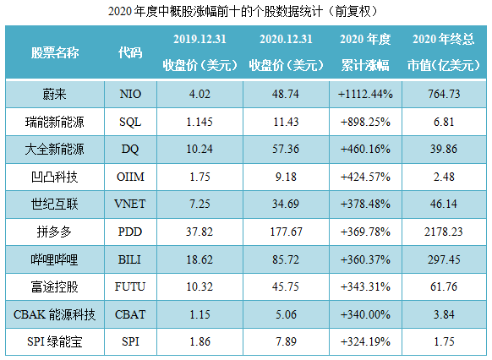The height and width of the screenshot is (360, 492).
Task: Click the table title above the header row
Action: (245, 12)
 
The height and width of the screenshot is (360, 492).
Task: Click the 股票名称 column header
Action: (56, 52)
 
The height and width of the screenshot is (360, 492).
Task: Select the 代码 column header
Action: (131, 52)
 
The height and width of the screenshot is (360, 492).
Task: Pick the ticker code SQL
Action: (130, 123)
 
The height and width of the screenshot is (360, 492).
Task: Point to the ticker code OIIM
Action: (130, 177)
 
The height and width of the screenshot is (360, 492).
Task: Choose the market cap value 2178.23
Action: (445, 232)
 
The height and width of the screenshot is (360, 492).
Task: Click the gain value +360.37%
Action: (364, 259)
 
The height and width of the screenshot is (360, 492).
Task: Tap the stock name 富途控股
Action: (56, 287)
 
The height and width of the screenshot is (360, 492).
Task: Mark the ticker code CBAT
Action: (130, 314)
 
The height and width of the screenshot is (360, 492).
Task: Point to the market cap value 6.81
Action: (445, 123)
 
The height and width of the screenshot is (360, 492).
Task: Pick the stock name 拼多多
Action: (56, 232)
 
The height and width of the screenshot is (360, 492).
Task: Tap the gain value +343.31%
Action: (364, 287)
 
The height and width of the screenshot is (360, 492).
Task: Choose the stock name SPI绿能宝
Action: (56, 341)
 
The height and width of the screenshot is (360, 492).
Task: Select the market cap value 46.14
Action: (445, 205)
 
